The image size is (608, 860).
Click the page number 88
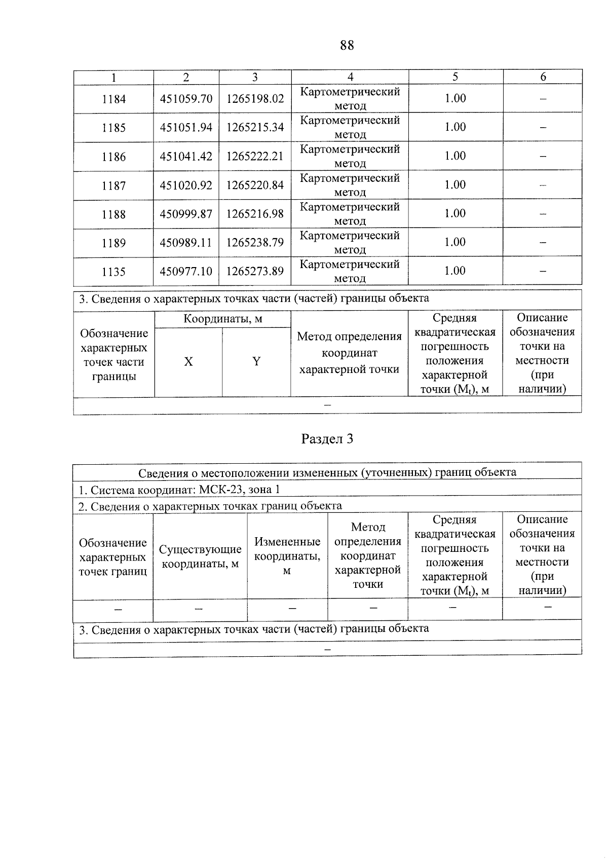pos(347,46)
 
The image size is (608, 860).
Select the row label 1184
pos(113,99)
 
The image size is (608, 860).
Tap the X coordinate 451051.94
pos(186,128)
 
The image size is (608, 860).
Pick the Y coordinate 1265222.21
pos(255,156)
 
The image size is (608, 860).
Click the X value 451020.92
pos(186,185)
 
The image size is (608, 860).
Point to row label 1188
pos(113,214)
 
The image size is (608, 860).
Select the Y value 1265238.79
pos(255,243)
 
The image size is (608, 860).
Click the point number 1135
pos(113,272)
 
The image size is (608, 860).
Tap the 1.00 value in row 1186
pos(455,156)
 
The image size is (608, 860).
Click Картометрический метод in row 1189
pos(350,243)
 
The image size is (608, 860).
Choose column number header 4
pos(350,77)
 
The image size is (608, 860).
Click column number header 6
pos(543,77)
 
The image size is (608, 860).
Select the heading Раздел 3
pos(327,439)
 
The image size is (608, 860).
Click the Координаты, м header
pos(223,319)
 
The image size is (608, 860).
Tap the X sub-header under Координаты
pos(188,362)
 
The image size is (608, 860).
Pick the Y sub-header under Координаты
pos(256,362)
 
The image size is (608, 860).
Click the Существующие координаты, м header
pos(200,556)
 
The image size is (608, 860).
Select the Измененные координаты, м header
pos(287,556)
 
